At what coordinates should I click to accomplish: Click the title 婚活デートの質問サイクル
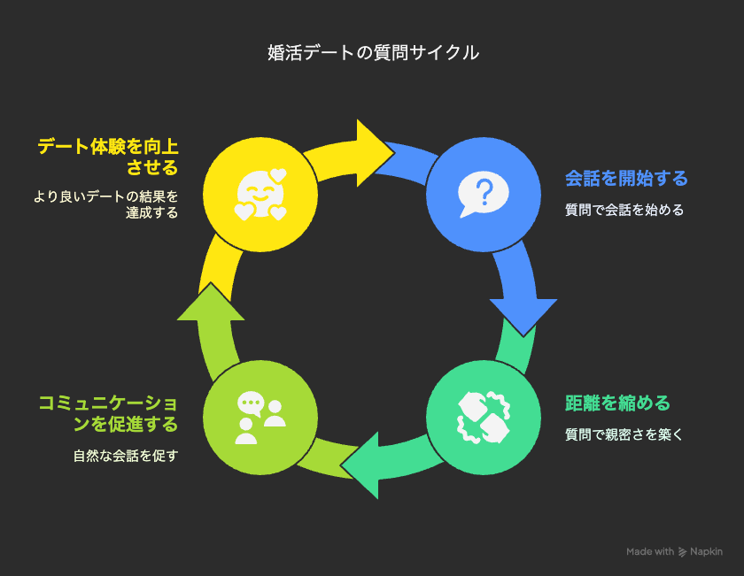[373, 52]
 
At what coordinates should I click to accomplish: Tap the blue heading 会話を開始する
[626, 179]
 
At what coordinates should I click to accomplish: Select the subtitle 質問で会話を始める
[624, 210]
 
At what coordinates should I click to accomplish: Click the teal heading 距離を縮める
[618, 403]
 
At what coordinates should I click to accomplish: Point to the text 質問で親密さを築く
[624, 434]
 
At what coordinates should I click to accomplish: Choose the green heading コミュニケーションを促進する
[108, 414]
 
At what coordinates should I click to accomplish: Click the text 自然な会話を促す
[126, 456]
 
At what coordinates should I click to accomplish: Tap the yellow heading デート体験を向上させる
[108, 157]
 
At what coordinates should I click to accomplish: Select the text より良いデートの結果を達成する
[105, 204]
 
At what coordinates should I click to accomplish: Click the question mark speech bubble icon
[483, 195]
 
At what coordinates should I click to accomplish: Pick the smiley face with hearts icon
[260, 195]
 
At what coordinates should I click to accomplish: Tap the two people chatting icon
[260, 418]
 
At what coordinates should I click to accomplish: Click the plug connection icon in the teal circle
[483, 418]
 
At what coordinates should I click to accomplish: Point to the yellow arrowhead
[374, 153]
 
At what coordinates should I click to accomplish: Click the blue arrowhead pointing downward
[523, 316]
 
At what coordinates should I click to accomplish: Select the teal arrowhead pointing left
[361, 465]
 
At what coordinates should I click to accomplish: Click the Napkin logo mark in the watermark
[682, 552]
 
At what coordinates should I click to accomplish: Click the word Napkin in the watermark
[706, 552]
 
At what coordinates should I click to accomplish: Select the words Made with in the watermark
[650, 552]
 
